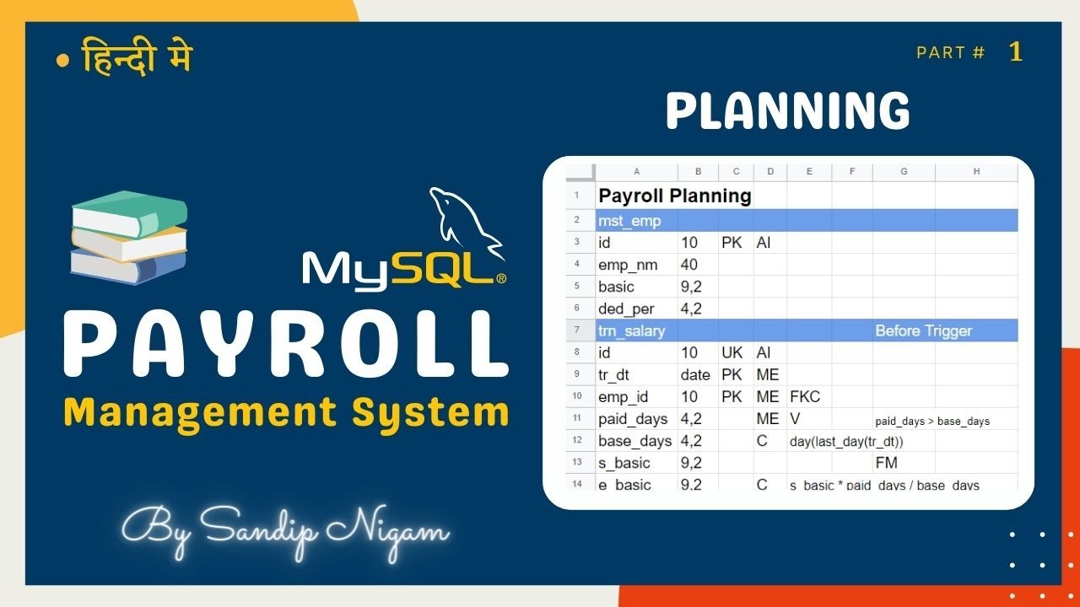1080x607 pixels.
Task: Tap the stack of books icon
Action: pyautogui.click(x=128, y=239)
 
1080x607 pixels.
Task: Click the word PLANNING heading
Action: pyautogui.click(x=787, y=111)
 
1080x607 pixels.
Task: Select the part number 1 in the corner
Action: pyautogui.click(x=1016, y=52)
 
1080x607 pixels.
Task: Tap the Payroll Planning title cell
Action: pyautogui.click(x=674, y=196)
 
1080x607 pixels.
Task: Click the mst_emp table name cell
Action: pyautogui.click(x=629, y=221)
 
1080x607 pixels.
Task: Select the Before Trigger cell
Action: pyautogui.click(x=923, y=330)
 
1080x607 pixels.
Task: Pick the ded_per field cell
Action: pyautogui.click(x=626, y=309)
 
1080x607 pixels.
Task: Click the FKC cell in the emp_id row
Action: pyautogui.click(x=805, y=396)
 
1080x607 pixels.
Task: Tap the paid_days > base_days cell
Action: pyautogui.click(x=932, y=421)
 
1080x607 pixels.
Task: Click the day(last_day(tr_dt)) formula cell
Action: pyautogui.click(x=846, y=441)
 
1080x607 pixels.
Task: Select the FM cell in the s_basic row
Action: pyautogui.click(x=886, y=462)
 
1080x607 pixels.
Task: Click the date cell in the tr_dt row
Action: pyautogui.click(x=696, y=374)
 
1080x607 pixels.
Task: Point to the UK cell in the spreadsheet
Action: pyautogui.click(x=732, y=352)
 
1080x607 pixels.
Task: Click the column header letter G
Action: pyautogui.click(x=904, y=171)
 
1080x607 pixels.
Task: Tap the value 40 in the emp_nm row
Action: pyautogui.click(x=688, y=265)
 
